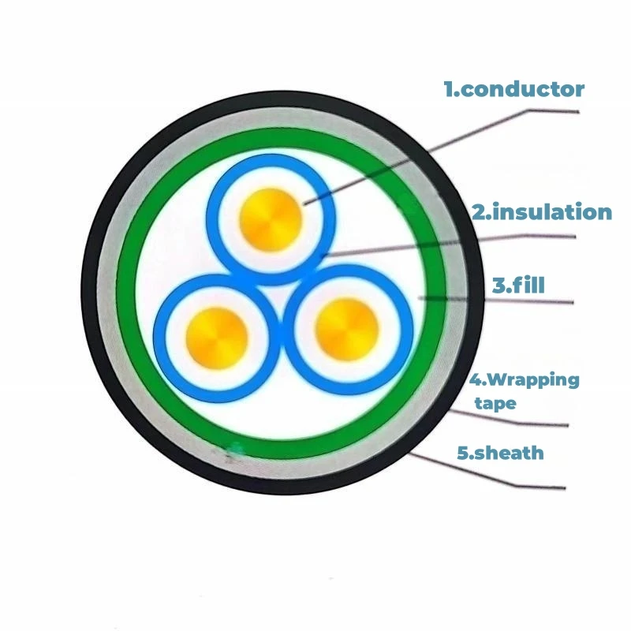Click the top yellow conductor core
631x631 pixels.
271,220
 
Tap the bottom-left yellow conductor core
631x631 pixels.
217,338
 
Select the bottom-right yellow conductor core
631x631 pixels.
346,330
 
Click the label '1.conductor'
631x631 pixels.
514,89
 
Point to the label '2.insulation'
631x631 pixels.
542,212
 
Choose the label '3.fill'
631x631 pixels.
518,285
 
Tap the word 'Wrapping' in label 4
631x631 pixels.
534,380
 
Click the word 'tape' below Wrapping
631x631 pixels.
495,403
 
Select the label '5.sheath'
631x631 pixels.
500,453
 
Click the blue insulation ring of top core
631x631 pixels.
212,220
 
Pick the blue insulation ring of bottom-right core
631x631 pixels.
407,330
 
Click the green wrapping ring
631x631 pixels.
125,293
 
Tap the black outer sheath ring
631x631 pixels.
88,293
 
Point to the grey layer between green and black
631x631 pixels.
106,293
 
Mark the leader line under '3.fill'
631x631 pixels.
496,300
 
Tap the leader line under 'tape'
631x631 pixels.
508,421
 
